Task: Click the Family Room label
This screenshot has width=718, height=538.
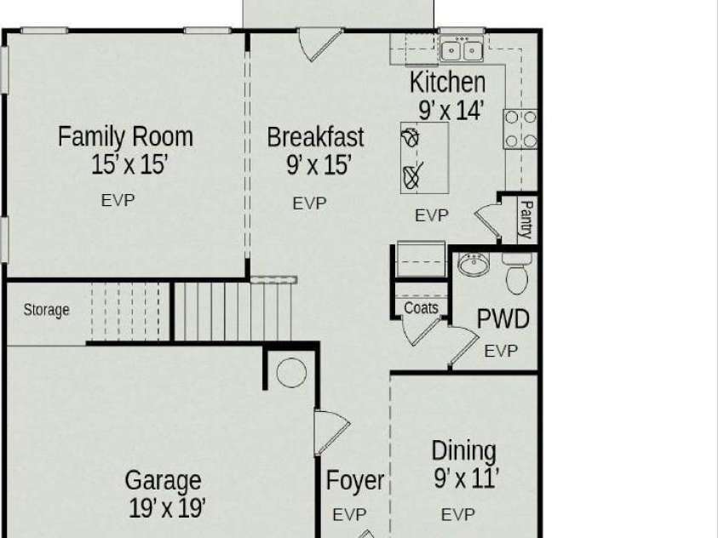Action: tap(125, 137)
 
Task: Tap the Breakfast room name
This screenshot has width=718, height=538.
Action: tap(315, 137)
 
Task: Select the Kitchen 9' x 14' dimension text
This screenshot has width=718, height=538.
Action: tap(451, 111)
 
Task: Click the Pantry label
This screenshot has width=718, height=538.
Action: tap(526, 219)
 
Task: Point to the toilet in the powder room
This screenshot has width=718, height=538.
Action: tap(517, 273)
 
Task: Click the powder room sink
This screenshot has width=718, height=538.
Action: tap(474, 265)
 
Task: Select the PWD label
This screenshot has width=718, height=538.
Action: tap(503, 319)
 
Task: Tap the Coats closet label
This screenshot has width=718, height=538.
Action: tap(421, 308)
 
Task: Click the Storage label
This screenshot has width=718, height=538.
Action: tap(46, 310)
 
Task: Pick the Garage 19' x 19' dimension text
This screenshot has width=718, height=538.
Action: tap(167, 508)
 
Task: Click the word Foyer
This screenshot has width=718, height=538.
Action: tap(355, 481)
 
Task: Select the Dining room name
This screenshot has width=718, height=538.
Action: tap(464, 451)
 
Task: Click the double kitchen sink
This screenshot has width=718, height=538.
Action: tap(462, 49)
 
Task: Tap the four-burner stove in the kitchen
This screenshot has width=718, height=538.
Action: tap(520, 129)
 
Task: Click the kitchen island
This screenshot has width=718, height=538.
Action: tap(424, 157)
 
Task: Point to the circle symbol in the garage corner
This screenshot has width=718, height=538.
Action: tap(291, 373)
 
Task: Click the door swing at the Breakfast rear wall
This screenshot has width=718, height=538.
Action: tap(319, 44)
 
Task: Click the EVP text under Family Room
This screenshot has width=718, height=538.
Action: tap(118, 200)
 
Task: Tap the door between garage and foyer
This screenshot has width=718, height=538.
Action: tap(330, 432)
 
